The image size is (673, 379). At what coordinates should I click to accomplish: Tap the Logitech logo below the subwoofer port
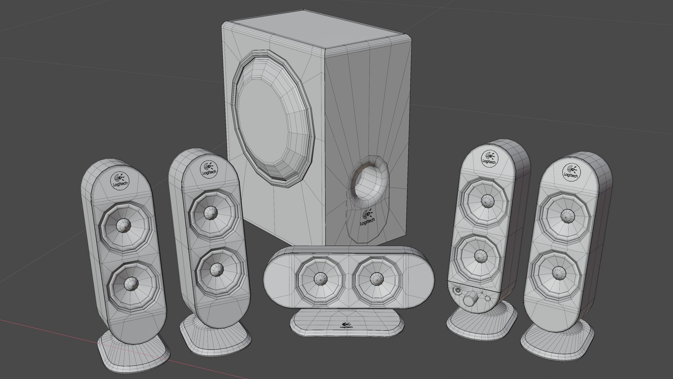click(x=367, y=218)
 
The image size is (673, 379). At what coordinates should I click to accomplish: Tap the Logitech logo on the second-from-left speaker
click(x=209, y=169)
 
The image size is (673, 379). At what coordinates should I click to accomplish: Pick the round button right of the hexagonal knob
click(x=488, y=299)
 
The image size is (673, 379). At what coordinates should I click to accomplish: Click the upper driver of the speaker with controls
click(x=485, y=200)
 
